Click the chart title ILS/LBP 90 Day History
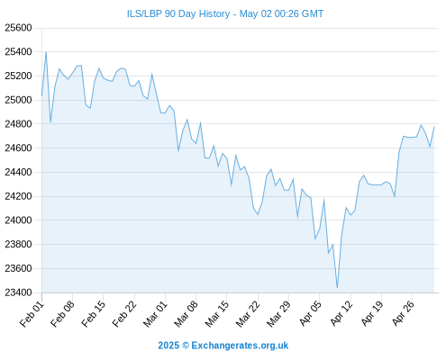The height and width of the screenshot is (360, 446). pyautogui.click(x=178, y=13)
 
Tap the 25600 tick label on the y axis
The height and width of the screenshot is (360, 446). pyautogui.click(x=18, y=28)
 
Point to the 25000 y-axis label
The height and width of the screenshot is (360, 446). pyautogui.click(x=18, y=100)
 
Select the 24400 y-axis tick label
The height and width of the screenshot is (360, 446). pyautogui.click(x=18, y=172)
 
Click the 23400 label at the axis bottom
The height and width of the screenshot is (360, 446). pyautogui.click(x=18, y=292)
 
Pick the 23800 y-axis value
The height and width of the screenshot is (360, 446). pyautogui.click(x=18, y=244)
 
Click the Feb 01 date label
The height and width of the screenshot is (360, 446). pyautogui.click(x=32, y=314)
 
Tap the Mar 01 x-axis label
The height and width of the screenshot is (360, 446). pyautogui.click(x=155, y=314)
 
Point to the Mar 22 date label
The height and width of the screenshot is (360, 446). pyautogui.click(x=248, y=314)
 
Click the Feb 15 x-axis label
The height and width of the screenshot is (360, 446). pyautogui.click(x=94, y=314)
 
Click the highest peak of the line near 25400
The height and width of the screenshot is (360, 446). pyautogui.click(x=46, y=52)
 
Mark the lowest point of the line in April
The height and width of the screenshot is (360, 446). pyautogui.click(x=337, y=288)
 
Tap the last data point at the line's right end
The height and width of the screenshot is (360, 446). pyautogui.click(x=434, y=126)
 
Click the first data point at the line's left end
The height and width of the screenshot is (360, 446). pyautogui.click(x=41, y=96)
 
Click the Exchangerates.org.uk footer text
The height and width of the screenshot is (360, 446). pyautogui.click(x=240, y=346)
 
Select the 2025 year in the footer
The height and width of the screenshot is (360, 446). pyautogui.click(x=168, y=346)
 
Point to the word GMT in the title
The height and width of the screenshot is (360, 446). pyautogui.click(x=313, y=13)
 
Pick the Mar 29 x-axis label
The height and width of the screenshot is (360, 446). pyautogui.click(x=279, y=314)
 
